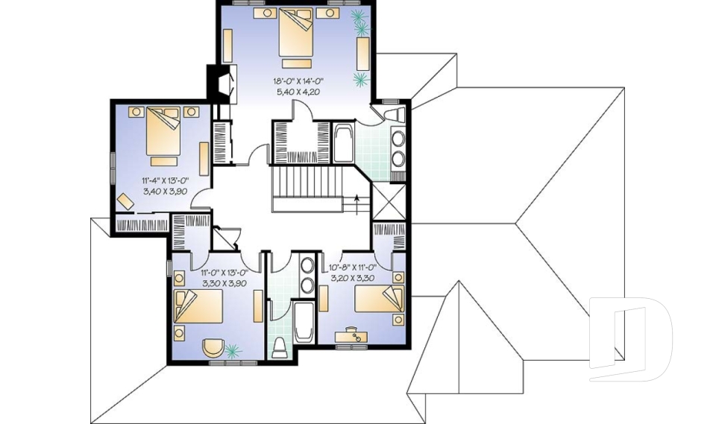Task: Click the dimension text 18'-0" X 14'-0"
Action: pyautogui.click(x=302, y=80)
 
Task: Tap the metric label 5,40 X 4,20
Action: pyautogui.click(x=302, y=93)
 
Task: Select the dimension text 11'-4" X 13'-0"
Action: pyautogui.click(x=164, y=180)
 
